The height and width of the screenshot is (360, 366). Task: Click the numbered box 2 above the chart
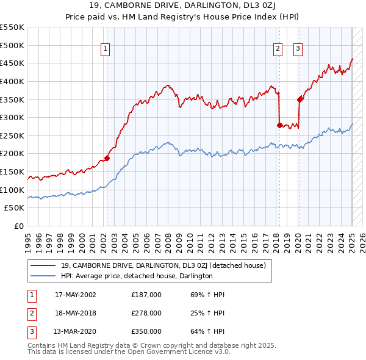point(278,49)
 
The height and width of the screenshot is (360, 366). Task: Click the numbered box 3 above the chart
point(298,49)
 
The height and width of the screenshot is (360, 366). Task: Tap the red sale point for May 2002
point(107,158)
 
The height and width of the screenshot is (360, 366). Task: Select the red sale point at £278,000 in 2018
point(279,125)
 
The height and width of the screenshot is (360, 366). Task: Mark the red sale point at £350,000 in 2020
point(300,99)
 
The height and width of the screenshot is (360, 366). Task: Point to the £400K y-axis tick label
point(12,81)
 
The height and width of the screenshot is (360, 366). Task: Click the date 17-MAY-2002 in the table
point(76,295)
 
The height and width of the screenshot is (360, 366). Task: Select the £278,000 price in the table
point(146,313)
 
